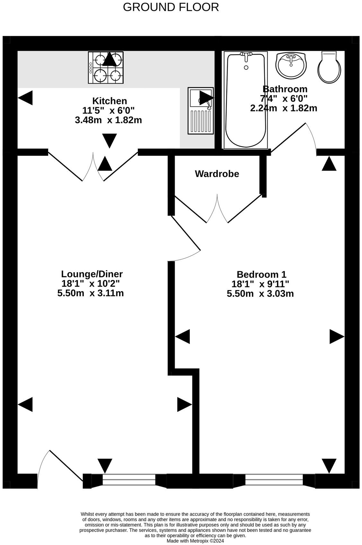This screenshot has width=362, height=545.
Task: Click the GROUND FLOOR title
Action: (171, 7)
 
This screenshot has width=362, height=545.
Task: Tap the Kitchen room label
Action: (110, 101)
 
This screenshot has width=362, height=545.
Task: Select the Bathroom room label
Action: (285, 89)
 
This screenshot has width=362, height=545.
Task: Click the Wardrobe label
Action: (217, 174)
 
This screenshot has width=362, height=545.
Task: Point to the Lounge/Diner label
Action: (92, 274)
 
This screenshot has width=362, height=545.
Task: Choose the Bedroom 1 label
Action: (261, 274)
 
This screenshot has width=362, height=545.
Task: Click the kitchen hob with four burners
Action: (106, 67)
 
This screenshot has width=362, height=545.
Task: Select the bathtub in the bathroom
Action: (246, 100)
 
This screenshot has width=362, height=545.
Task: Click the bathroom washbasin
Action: (291, 65)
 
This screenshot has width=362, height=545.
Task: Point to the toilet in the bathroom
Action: (329, 67)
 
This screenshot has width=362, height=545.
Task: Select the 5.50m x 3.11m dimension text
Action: (91, 293)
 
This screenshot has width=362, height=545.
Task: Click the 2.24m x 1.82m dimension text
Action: (284, 108)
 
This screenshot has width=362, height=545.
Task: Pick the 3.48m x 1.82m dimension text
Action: (108, 120)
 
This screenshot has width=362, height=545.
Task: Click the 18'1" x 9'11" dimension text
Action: (260, 284)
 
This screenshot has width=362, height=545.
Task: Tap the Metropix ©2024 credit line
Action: (195, 541)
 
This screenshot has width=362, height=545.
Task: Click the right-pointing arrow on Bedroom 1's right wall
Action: (337, 337)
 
